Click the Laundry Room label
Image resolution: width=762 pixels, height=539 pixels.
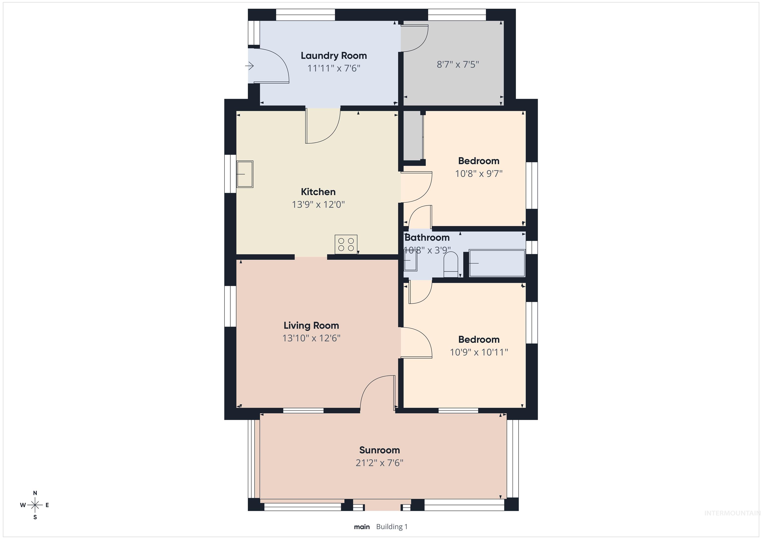point(334,55)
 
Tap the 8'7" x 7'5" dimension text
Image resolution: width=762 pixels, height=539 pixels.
point(458,65)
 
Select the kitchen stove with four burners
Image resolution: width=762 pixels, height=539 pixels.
point(346,244)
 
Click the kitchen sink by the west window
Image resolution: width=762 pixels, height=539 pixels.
point(245,174)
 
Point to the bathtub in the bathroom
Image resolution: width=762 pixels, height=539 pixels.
point(497,263)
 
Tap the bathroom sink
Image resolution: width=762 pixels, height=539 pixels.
point(410,260)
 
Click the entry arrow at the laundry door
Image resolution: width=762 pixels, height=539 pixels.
point(250,66)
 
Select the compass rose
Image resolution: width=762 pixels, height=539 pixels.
point(35,505)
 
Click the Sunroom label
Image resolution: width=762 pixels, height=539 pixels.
point(379,450)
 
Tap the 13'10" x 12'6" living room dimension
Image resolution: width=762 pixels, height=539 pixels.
point(311,338)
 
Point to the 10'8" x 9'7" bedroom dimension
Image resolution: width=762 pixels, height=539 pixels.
point(478,173)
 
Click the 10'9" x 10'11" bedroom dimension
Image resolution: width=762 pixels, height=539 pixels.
point(478,352)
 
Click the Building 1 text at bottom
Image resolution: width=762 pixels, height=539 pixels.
point(392,527)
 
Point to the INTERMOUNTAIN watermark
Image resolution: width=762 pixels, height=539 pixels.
point(732,513)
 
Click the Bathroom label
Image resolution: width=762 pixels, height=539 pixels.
point(427,237)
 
